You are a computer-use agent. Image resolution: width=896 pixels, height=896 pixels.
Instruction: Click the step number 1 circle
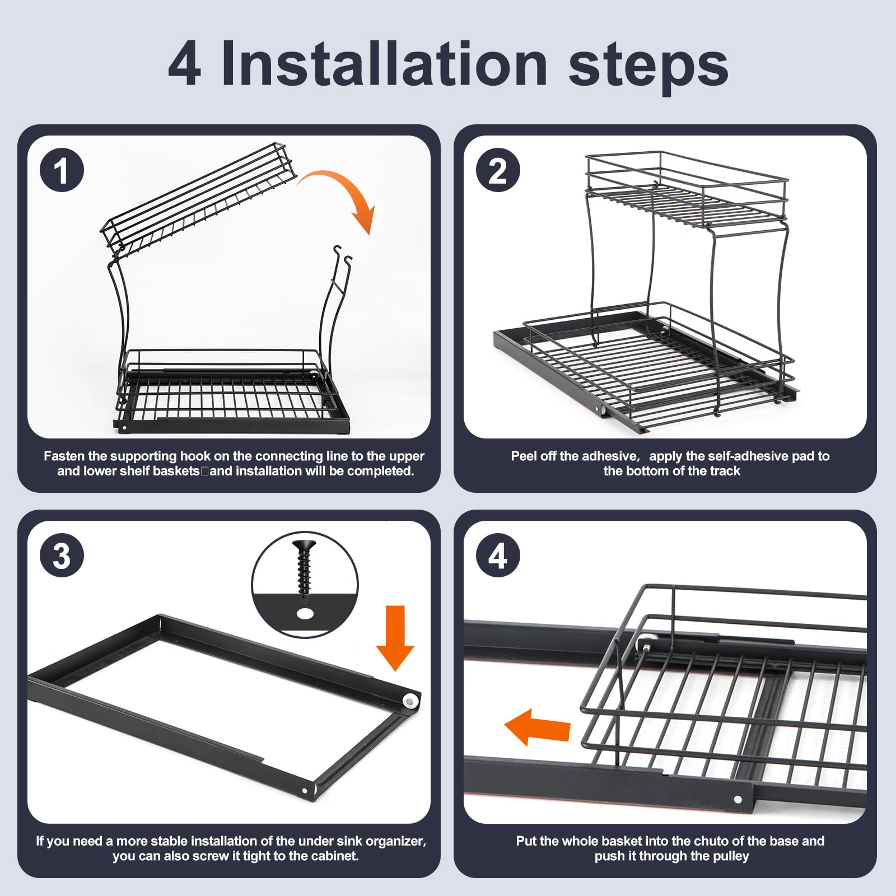(62, 170)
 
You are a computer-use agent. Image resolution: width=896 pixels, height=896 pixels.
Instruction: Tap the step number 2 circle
(498, 170)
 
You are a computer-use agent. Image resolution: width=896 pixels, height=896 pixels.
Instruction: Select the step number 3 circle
(62, 556)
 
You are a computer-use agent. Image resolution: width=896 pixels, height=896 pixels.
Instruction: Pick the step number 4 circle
(498, 556)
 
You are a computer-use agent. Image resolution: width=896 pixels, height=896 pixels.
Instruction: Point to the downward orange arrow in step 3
(395, 638)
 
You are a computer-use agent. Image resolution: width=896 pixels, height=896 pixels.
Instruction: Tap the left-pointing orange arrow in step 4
(538, 727)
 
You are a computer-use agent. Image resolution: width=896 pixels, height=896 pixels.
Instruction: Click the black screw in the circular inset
(304, 566)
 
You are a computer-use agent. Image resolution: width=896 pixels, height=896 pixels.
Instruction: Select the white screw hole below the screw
(305, 614)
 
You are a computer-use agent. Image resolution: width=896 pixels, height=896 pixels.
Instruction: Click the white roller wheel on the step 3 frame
(412, 701)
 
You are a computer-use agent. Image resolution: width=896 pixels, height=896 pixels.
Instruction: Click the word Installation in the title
(384, 64)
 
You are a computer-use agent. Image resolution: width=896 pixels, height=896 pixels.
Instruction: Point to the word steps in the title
(648, 68)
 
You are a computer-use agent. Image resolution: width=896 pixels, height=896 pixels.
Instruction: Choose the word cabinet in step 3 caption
(334, 856)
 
